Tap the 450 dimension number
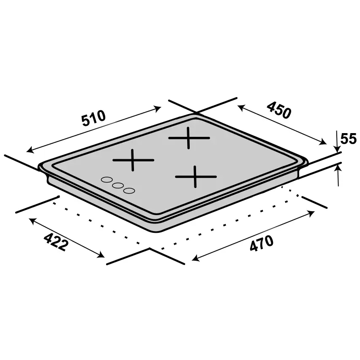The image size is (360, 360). [279, 111]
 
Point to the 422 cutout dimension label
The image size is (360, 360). [55, 241]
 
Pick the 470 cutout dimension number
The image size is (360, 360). [261, 244]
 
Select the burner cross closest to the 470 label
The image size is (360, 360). [196, 176]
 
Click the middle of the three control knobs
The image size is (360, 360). [118, 185]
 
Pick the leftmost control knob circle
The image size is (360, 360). [106, 180]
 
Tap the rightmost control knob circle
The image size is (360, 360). [129, 191]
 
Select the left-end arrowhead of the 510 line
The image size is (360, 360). [29, 150]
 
